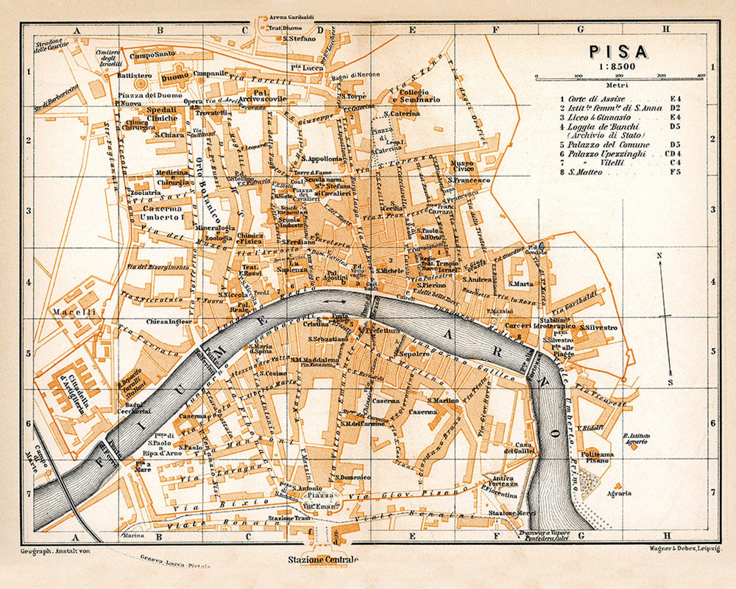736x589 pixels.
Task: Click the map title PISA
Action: [618, 52]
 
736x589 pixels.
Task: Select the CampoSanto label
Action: [152, 55]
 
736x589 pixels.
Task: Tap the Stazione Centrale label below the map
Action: [323, 559]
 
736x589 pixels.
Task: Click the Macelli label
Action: [74, 312]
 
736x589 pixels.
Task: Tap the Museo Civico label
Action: [461, 166]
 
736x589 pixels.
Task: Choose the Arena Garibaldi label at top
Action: [292, 17]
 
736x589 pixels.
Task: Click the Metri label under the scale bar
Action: [616, 85]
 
